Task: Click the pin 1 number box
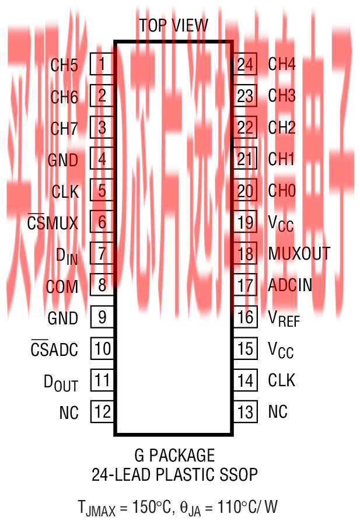click(x=102, y=64)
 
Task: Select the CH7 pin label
click(x=64, y=128)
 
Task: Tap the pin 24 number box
click(x=246, y=64)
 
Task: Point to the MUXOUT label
click(x=299, y=254)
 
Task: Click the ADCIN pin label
click(x=289, y=285)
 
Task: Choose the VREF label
click(x=284, y=318)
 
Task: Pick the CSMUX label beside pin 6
click(x=53, y=223)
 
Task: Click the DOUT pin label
click(x=61, y=383)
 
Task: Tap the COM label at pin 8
click(x=62, y=286)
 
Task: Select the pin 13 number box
click(x=246, y=412)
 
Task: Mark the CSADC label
click(x=54, y=350)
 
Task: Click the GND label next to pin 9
click(x=63, y=319)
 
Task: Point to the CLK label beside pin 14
click(x=281, y=380)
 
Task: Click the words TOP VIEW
click(x=173, y=26)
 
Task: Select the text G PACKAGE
click(x=173, y=455)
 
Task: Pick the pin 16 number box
click(x=246, y=317)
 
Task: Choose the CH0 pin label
click(x=281, y=191)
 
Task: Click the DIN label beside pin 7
click(x=67, y=255)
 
